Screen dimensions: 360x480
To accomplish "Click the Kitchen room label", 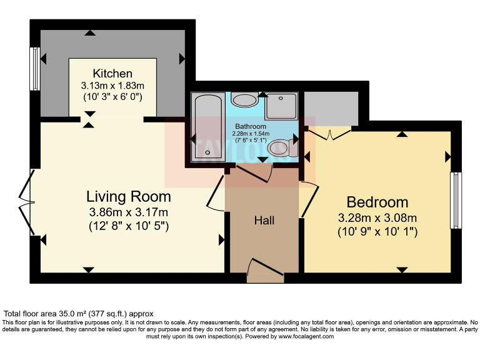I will pyautogui.click(x=112, y=74).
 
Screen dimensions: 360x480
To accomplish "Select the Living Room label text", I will pyautogui.click(x=128, y=197).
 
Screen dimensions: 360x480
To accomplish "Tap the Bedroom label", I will pyautogui.click(x=377, y=202).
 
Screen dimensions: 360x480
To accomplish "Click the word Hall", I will pyautogui.click(x=264, y=221).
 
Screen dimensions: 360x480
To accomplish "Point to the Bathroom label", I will pyautogui.click(x=250, y=126).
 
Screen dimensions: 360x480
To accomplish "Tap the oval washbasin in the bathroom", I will pyautogui.click(x=244, y=99).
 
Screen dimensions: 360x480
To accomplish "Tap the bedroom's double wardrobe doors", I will pyautogui.click(x=329, y=132).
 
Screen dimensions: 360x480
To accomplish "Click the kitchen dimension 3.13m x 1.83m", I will pyautogui.click(x=112, y=86).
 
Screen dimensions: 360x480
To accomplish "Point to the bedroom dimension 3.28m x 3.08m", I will pyautogui.click(x=377, y=218).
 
